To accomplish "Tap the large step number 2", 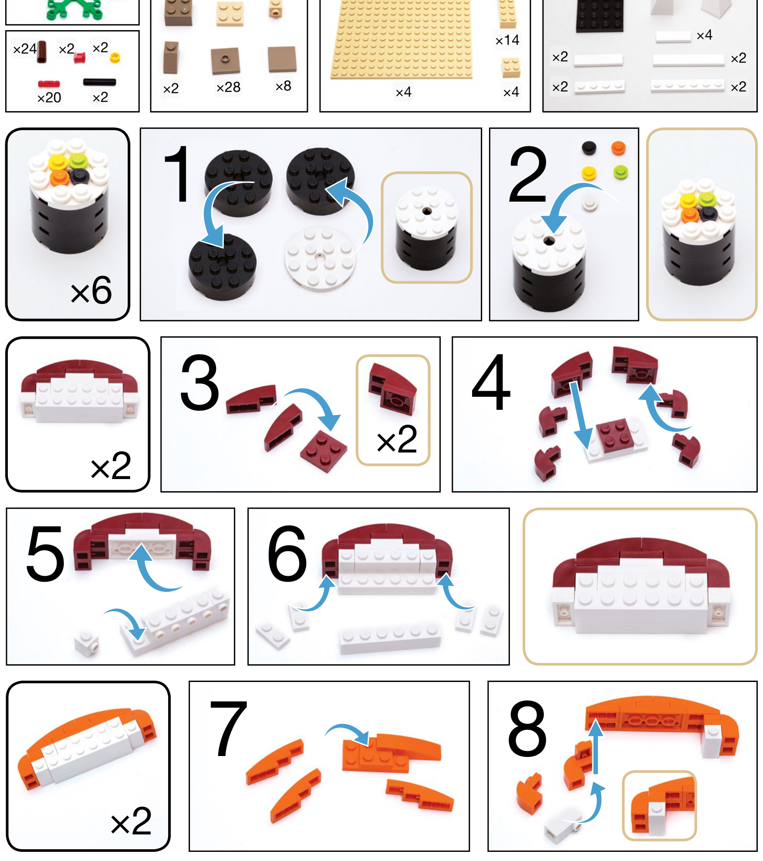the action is click(527, 175).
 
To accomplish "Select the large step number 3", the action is click(199, 382).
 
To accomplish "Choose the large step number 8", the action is click(527, 729).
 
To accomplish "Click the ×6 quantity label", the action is click(91, 290).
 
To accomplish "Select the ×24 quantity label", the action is click(25, 49).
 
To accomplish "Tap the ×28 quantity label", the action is click(228, 87).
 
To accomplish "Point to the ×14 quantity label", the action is click(507, 40).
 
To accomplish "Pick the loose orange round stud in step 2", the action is click(618, 148).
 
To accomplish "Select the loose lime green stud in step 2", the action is click(621, 172).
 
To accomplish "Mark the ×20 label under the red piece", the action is click(49, 98).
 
